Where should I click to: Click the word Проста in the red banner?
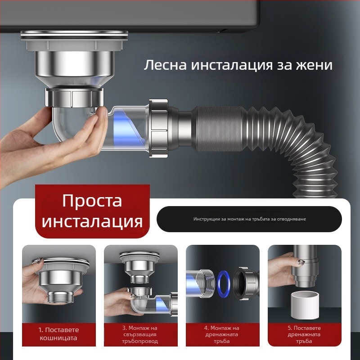point(92,200)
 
